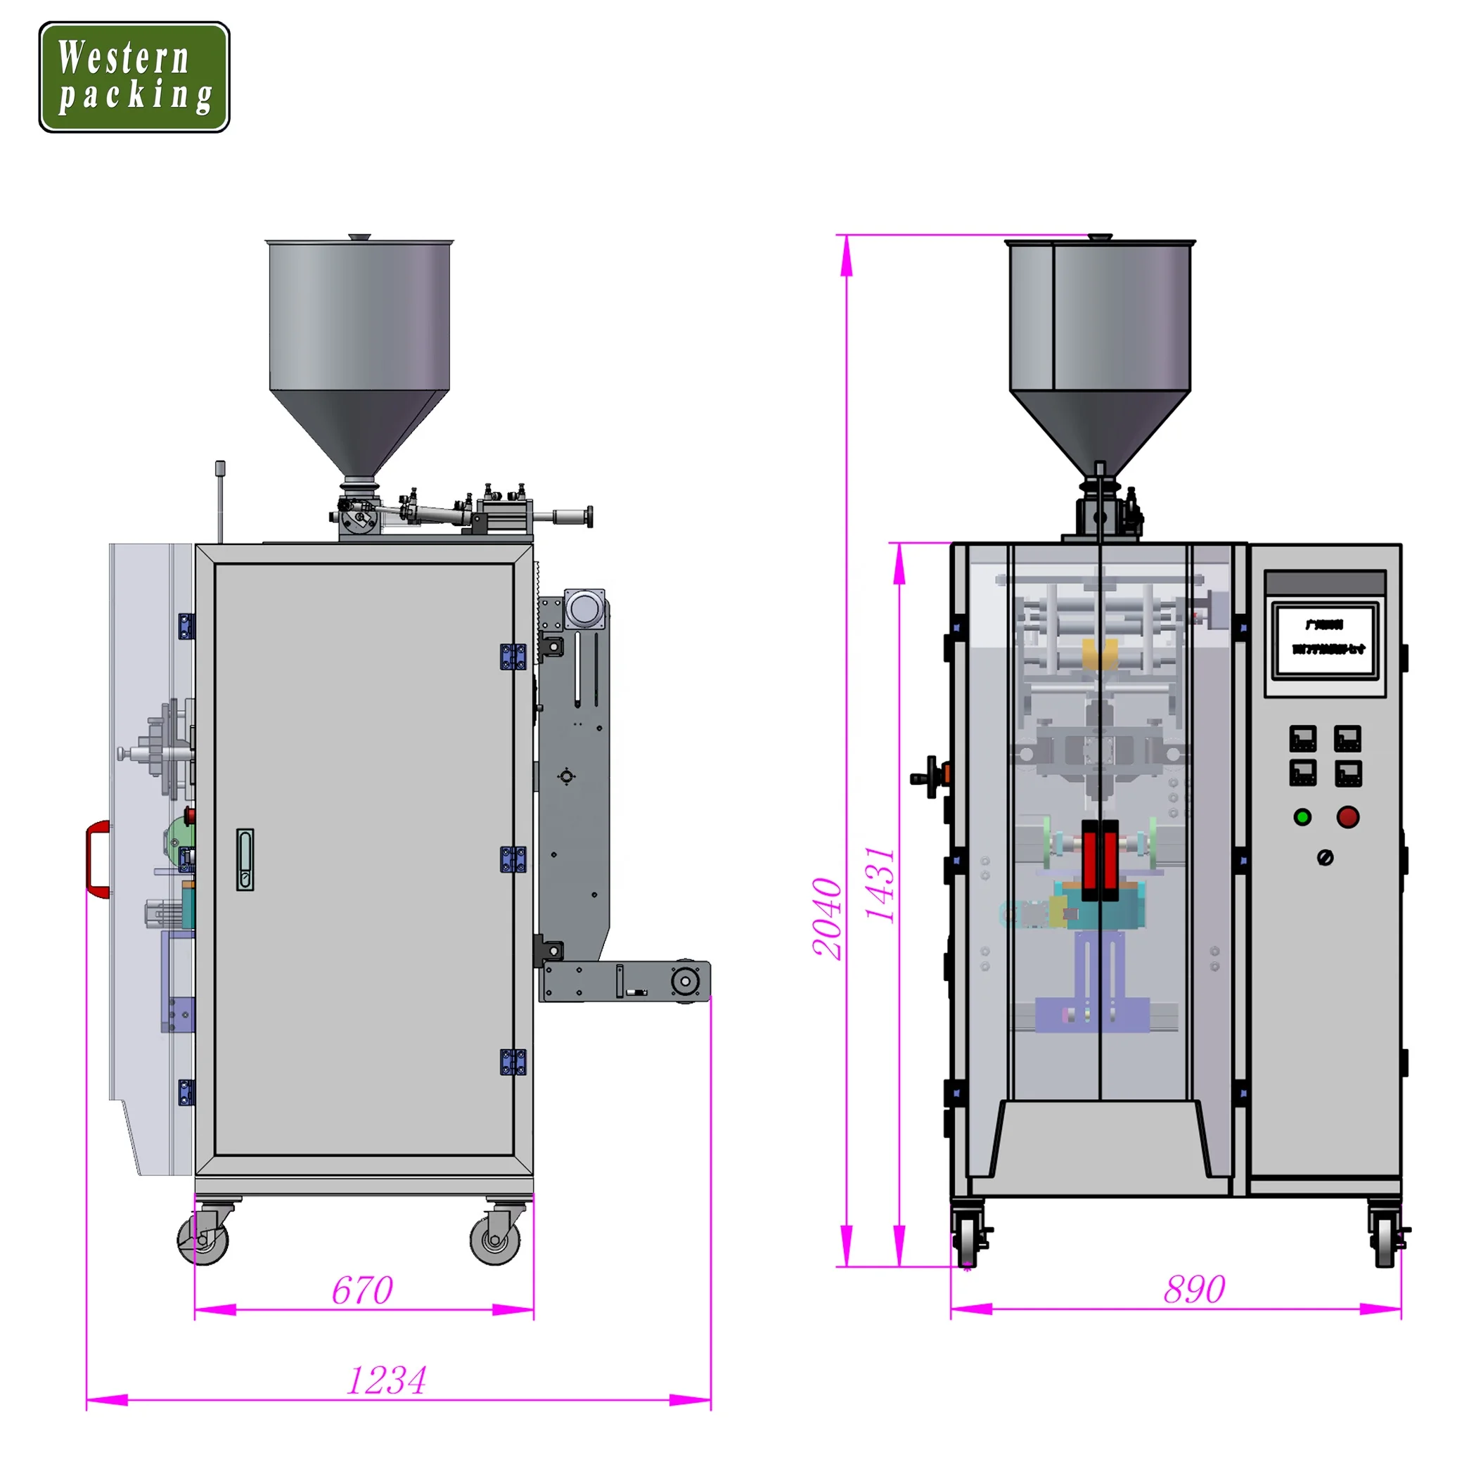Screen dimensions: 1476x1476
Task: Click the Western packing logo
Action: click(x=134, y=77)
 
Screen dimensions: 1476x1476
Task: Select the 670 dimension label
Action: click(x=362, y=1290)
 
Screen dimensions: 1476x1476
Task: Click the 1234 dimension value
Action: click(x=387, y=1380)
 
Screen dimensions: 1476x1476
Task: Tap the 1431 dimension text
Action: click(x=880, y=884)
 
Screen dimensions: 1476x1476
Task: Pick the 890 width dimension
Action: click(x=1194, y=1290)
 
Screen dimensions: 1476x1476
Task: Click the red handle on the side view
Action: click(x=97, y=859)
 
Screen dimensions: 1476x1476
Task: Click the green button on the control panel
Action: click(x=1302, y=817)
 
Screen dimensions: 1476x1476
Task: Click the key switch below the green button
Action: click(x=1326, y=858)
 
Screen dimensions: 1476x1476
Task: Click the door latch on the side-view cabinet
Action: click(x=245, y=859)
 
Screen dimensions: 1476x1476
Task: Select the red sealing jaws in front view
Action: click(x=1100, y=859)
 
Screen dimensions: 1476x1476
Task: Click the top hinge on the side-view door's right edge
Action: click(x=513, y=657)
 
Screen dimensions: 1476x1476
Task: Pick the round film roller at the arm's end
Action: click(x=686, y=981)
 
